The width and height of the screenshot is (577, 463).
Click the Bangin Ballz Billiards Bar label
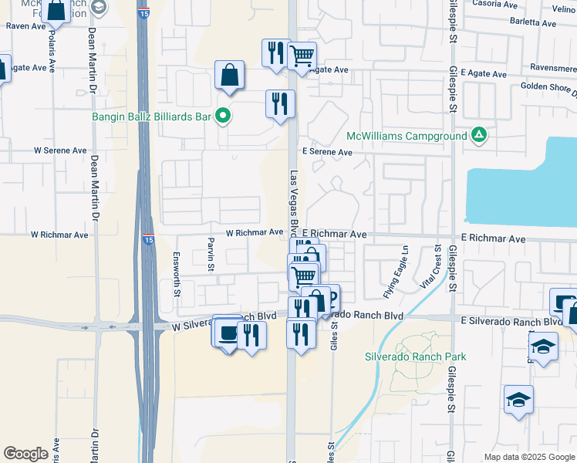151,117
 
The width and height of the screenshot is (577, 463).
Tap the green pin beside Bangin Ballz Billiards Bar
224,117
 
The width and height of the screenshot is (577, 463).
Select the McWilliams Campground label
407,136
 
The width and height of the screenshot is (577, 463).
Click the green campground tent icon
479,136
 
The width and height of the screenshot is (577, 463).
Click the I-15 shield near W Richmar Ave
147,240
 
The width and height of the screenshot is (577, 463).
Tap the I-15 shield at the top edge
144,12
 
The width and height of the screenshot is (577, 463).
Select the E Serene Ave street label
327,153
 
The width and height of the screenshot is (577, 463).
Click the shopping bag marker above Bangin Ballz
230,76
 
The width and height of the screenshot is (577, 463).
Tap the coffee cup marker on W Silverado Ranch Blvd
227,333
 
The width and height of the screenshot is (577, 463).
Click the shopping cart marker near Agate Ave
302,56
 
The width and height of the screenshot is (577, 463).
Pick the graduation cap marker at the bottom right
518,400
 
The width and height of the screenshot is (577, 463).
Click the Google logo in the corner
26,454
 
